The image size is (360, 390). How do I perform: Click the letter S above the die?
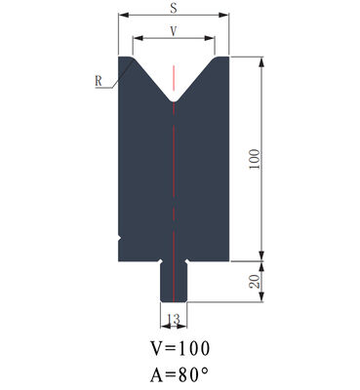click(x=174, y=8)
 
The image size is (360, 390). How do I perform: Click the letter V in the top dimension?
click(x=174, y=31)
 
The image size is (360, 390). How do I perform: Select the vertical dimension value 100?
click(x=255, y=159)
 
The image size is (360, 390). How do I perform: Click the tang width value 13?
click(x=175, y=320)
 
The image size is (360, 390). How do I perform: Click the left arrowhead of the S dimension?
click(x=122, y=17)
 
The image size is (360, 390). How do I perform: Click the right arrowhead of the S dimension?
click(x=227, y=17)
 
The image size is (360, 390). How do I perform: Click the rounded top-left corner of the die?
click(x=123, y=58)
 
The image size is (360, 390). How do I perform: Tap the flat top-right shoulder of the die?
click(x=221, y=57)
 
